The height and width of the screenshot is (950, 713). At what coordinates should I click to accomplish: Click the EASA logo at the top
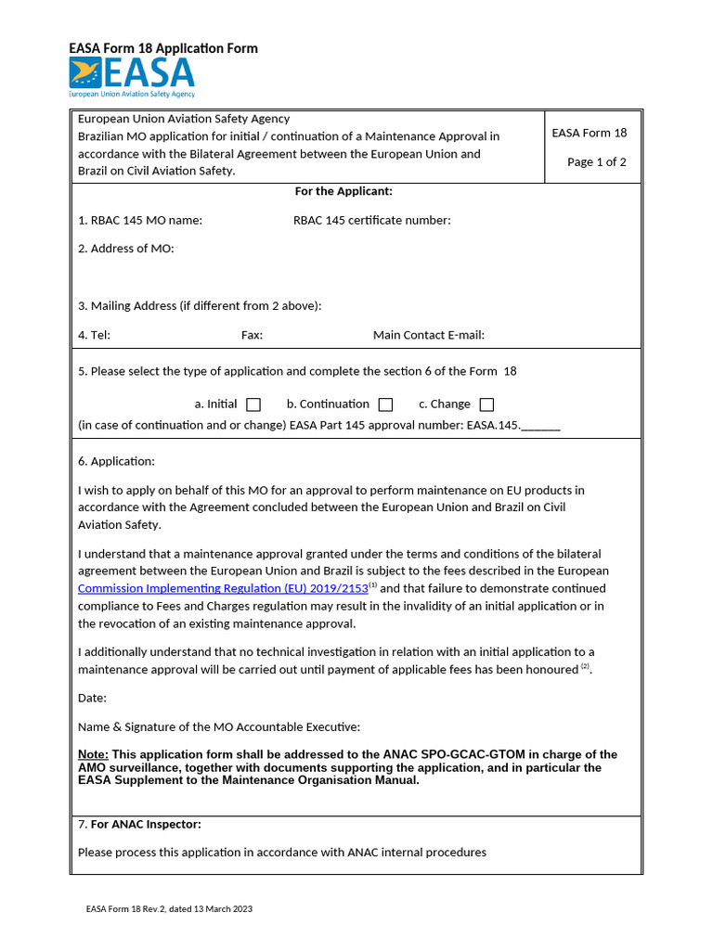tap(132, 77)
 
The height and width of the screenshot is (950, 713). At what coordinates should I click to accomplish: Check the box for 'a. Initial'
tap(253, 404)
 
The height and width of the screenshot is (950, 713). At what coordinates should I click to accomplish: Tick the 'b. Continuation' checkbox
tap(385, 404)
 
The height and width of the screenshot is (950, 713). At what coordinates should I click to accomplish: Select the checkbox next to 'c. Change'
tap(486, 404)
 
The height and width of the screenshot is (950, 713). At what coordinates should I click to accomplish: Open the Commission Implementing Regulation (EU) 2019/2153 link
tap(223, 588)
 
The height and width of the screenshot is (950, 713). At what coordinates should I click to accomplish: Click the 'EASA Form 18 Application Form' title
tap(163, 48)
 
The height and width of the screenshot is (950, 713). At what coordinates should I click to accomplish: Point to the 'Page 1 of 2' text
tap(596, 162)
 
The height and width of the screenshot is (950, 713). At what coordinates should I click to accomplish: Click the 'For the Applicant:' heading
tap(344, 191)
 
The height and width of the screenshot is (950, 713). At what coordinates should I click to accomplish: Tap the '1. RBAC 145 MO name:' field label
tap(140, 220)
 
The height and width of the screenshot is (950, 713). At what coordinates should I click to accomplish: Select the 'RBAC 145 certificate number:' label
tap(371, 220)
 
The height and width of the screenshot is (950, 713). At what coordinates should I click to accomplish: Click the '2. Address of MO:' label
tap(126, 249)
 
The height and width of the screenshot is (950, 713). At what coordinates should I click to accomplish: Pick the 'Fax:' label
tap(252, 335)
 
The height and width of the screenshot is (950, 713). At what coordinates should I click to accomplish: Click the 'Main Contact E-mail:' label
tap(428, 335)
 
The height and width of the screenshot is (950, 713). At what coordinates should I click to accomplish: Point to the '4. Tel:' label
tap(94, 335)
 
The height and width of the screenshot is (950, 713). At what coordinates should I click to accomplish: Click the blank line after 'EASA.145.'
tap(541, 427)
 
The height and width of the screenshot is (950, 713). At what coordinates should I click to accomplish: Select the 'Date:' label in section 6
tap(92, 698)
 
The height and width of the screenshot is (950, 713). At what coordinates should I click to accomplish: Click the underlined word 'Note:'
tap(93, 755)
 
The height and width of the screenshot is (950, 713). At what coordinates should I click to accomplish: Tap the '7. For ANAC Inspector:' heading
tap(139, 824)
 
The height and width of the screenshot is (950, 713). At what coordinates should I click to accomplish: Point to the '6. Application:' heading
tap(117, 461)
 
